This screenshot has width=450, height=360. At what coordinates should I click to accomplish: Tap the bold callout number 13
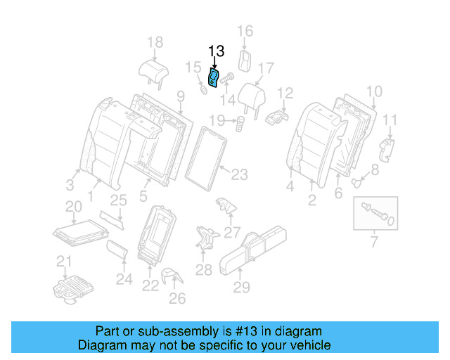click(x=216, y=51)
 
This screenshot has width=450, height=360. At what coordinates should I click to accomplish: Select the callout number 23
click(x=240, y=173)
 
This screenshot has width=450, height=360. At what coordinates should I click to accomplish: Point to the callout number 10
click(x=374, y=91)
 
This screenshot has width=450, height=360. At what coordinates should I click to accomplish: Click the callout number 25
click(x=118, y=200)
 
